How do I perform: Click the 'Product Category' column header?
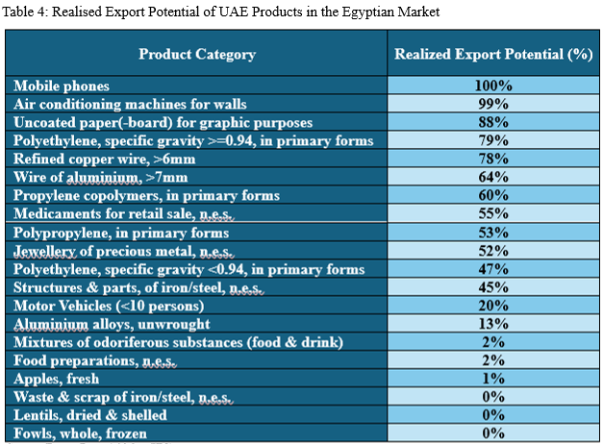(197, 55)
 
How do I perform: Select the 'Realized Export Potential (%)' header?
(492, 55)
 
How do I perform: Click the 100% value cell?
(492, 86)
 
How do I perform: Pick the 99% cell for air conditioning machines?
(492, 104)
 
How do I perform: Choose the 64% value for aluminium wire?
(492, 177)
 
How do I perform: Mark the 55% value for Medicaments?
(492, 213)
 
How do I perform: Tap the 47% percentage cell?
(492, 268)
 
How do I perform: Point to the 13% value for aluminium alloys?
(492, 324)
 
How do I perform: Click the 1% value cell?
(492, 379)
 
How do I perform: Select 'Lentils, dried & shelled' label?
(90, 415)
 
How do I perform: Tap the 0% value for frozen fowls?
(492, 433)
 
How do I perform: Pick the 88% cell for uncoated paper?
(492, 122)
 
